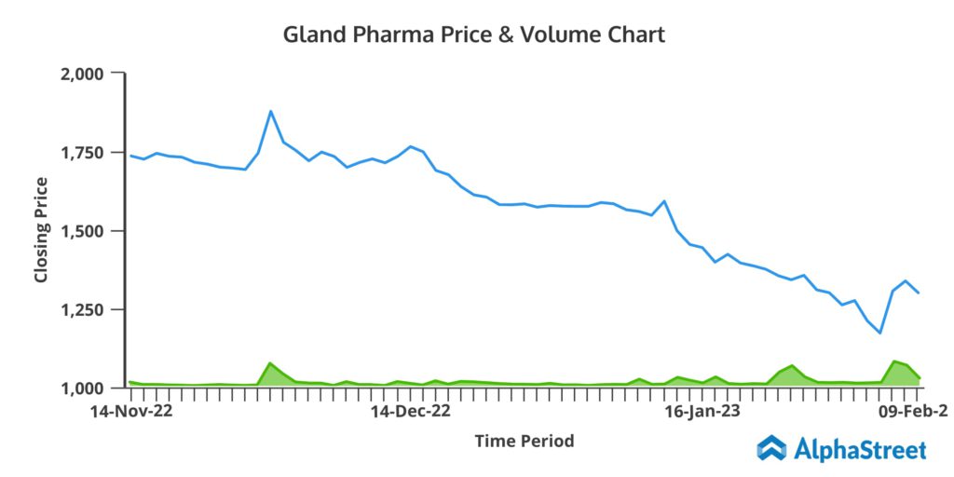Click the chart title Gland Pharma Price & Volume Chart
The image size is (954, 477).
(475, 35)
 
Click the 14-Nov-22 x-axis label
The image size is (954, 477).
(130, 410)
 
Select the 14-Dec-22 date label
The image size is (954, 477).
(410, 410)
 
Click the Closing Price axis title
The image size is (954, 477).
(41, 230)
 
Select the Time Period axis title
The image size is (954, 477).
(524, 441)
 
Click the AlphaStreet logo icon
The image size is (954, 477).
(771, 449)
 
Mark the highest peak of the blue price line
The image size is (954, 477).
(270, 112)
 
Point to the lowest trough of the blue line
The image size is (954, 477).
(879, 333)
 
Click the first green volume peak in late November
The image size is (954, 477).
(270, 363)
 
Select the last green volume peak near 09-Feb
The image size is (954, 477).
(893, 361)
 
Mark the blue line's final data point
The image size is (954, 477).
(919, 293)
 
